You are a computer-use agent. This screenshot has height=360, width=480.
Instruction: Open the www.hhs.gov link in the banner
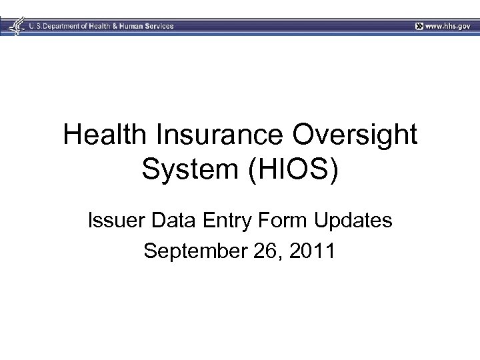447,26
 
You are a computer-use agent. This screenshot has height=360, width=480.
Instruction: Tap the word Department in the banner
68,26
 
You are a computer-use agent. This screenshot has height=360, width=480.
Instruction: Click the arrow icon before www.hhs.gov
418,26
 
